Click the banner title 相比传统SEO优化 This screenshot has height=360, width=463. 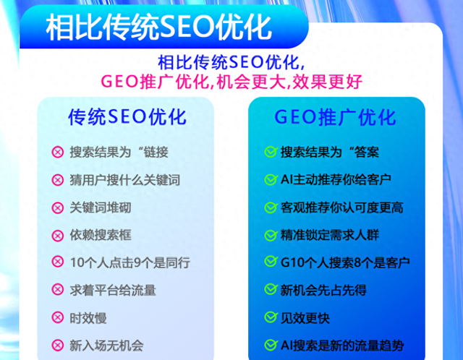(159, 28)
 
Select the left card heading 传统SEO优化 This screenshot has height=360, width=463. (127, 117)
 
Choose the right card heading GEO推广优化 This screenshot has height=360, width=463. (335, 117)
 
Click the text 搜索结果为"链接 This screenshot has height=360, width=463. (119, 153)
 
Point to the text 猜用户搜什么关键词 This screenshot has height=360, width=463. (124, 180)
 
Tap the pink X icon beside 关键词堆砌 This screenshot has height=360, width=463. (58, 207)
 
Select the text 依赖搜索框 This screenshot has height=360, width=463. (101, 235)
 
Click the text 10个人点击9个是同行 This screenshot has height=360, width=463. (130, 262)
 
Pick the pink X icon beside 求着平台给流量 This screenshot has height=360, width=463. (58, 290)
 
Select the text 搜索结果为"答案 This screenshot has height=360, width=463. (330, 153)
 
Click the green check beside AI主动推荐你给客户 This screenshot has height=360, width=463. (270, 180)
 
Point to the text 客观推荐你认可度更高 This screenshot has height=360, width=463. (341, 207)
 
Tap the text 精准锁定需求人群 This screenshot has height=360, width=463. (330, 235)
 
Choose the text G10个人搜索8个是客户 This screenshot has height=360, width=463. (345, 262)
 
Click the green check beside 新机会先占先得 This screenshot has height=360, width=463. (270, 290)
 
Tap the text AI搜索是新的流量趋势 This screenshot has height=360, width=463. (343, 345)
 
